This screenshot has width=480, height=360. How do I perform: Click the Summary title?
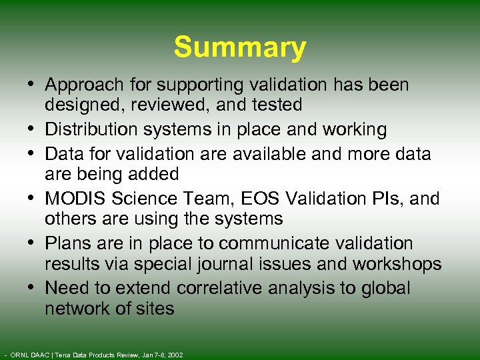tap(240, 48)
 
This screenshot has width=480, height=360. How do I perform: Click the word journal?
tap(221, 264)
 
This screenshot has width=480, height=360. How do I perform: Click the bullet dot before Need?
tap(33, 287)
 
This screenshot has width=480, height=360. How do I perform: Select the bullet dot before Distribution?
tap(33, 129)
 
